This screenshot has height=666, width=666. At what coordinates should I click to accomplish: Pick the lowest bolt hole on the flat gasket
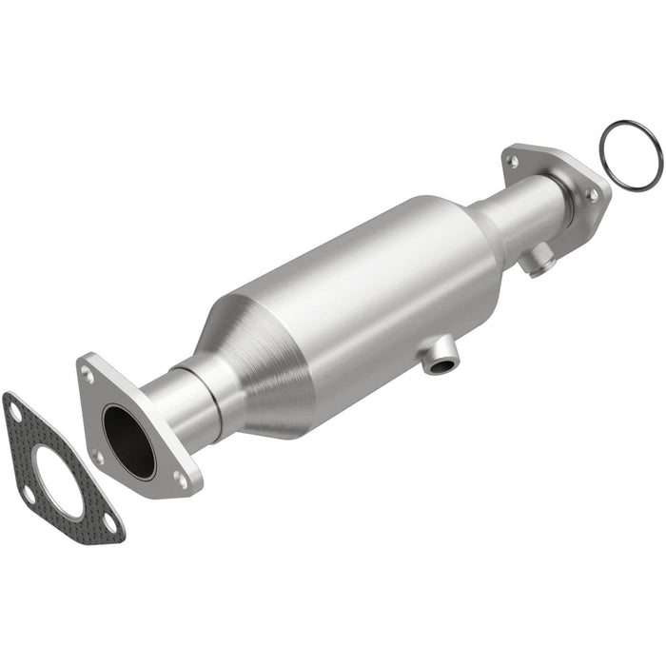click(110, 522)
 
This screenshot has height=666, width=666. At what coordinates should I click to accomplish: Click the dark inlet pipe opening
click(128, 441)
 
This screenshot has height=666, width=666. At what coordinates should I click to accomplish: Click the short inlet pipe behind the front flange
click(176, 400)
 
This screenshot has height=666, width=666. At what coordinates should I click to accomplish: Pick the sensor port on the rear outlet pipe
click(540, 259)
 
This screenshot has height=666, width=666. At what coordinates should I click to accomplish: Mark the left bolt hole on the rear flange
click(514, 162)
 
